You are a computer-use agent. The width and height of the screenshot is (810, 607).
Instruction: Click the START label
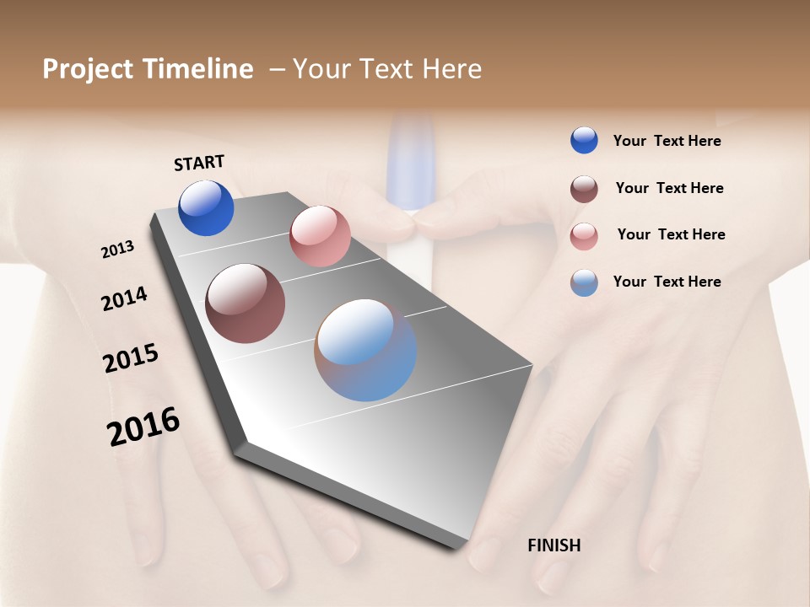(x=199, y=163)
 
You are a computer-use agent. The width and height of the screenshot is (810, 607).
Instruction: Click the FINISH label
(x=553, y=545)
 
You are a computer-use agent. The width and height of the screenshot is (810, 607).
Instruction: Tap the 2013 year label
(x=117, y=250)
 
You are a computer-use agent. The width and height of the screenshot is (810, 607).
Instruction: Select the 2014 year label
(x=124, y=298)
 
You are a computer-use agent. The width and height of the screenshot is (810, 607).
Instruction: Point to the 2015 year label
(x=131, y=358)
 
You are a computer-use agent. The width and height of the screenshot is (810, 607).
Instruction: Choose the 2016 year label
(x=143, y=427)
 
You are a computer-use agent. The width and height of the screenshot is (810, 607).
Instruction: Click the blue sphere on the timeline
(x=206, y=208)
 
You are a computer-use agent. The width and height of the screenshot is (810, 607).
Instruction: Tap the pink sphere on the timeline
(x=320, y=236)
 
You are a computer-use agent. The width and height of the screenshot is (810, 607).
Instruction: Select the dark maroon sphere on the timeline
(x=245, y=303)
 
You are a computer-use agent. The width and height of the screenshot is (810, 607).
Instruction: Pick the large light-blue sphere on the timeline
(x=365, y=350)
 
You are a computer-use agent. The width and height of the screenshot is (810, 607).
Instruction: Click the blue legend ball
(x=584, y=141)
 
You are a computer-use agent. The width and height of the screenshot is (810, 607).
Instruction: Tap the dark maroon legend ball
(x=584, y=189)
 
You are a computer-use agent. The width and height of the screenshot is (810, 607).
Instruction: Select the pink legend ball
(x=584, y=236)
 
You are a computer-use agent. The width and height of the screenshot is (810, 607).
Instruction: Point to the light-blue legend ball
(x=584, y=282)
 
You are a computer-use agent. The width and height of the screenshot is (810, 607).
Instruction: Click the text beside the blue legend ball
(x=667, y=142)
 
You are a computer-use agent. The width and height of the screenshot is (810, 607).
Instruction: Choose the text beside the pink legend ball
(x=671, y=234)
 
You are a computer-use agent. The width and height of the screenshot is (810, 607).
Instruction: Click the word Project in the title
(x=87, y=69)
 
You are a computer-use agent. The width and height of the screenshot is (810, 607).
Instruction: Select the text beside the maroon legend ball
(x=669, y=188)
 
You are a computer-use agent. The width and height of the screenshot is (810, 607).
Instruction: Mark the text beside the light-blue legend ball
(x=667, y=282)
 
